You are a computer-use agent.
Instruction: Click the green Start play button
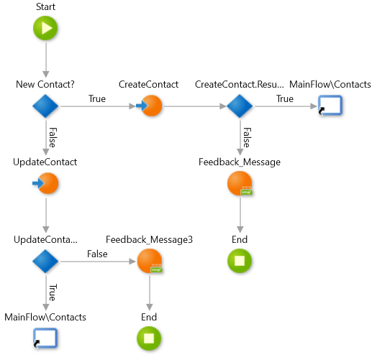click(x=45, y=28)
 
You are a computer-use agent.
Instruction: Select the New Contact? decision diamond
click(x=45, y=106)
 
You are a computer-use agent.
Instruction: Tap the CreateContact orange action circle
click(x=150, y=106)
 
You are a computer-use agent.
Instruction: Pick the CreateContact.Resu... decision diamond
click(x=240, y=106)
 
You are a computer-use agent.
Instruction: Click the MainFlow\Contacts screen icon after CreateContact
click(x=330, y=106)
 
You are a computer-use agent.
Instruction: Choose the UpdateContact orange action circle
click(x=46, y=183)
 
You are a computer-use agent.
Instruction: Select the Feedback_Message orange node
click(x=240, y=183)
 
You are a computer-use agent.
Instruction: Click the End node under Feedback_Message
click(x=240, y=261)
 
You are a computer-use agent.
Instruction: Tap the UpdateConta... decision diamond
click(x=45, y=261)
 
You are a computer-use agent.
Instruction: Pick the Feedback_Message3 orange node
click(x=150, y=261)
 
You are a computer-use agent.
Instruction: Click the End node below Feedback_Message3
click(x=149, y=338)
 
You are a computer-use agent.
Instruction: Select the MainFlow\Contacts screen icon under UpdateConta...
click(x=45, y=338)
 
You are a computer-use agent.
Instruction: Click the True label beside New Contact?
click(x=97, y=98)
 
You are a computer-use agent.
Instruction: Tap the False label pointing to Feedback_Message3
click(x=97, y=254)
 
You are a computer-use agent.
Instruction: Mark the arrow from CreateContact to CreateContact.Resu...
click(x=195, y=106)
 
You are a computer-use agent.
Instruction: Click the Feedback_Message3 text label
click(x=150, y=240)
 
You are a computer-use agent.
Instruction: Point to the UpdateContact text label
click(x=45, y=162)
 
